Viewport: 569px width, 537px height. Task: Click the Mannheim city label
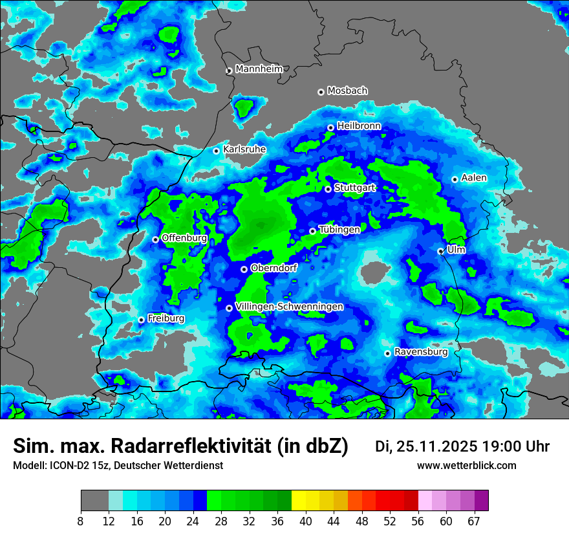pyautogui.click(x=259, y=69)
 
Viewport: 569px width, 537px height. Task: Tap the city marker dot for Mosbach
pyautogui.click(x=321, y=92)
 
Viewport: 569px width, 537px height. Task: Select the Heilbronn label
pyautogui.click(x=359, y=126)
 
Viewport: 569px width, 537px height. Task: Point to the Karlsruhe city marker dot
pyautogui.click(x=217, y=151)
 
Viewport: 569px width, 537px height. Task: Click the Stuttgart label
pyautogui.click(x=355, y=188)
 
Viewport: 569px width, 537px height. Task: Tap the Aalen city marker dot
pyautogui.click(x=455, y=179)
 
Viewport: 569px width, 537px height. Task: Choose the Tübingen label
pyautogui.click(x=339, y=230)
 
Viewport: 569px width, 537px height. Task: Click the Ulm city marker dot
pyautogui.click(x=441, y=251)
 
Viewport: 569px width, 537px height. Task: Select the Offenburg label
pyautogui.click(x=184, y=238)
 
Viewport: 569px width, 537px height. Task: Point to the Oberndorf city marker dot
pyautogui.click(x=244, y=269)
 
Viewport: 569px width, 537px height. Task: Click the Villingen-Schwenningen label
pyautogui.click(x=289, y=307)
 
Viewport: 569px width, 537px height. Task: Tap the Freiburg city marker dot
pyautogui.click(x=142, y=320)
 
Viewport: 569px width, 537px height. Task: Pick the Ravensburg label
pyautogui.click(x=421, y=353)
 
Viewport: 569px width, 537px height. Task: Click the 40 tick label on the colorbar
pyautogui.click(x=306, y=522)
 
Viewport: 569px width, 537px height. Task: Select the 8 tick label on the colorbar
pyautogui.click(x=81, y=522)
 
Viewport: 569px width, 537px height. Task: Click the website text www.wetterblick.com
pyautogui.click(x=466, y=466)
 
